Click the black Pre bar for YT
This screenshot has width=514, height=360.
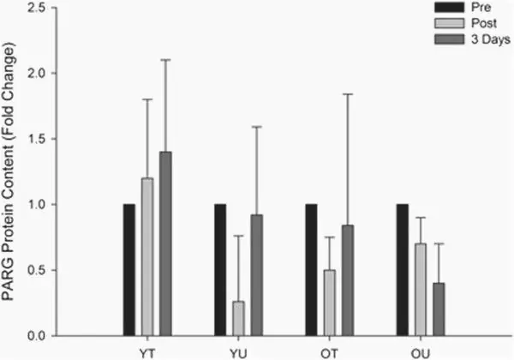tap(129, 269)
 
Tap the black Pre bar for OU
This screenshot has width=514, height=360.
tap(403, 269)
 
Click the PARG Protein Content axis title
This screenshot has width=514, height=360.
tap(11, 171)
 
